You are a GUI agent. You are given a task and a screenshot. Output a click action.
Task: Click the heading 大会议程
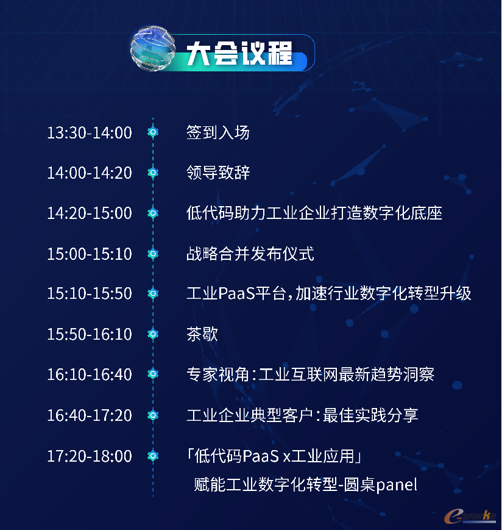point(239,53)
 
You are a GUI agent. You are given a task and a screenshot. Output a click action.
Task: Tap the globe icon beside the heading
point(153,48)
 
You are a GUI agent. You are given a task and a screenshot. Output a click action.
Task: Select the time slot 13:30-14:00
point(90,132)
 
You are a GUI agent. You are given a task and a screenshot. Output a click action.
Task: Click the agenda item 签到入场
point(218,132)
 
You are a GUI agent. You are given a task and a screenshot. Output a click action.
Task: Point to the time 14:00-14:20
point(90,173)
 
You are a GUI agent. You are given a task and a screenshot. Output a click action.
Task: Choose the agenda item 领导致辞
point(218,173)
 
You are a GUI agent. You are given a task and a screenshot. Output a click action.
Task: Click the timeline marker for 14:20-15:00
point(153,213)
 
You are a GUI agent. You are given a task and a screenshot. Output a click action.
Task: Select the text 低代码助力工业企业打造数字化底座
point(314,213)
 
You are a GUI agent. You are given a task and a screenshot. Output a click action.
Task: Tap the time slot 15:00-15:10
point(90,254)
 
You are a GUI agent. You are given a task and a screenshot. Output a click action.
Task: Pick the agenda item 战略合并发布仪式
point(250,254)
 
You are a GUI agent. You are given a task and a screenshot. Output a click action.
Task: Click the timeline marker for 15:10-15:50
point(153,293)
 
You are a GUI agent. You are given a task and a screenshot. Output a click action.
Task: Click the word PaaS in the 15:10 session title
point(236,293)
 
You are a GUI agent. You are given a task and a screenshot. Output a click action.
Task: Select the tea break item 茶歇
point(202,334)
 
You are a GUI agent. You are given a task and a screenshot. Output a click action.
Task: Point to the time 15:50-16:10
point(90,334)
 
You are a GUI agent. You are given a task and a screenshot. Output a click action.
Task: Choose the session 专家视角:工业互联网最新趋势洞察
point(310,374)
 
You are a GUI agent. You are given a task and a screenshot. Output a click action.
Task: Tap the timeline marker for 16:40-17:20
point(153,415)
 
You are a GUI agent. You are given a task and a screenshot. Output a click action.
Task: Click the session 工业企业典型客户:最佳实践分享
point(303,415)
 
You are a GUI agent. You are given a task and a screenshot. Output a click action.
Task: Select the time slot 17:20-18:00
point(90,456)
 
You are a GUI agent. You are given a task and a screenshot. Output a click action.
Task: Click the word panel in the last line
point(397,485)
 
